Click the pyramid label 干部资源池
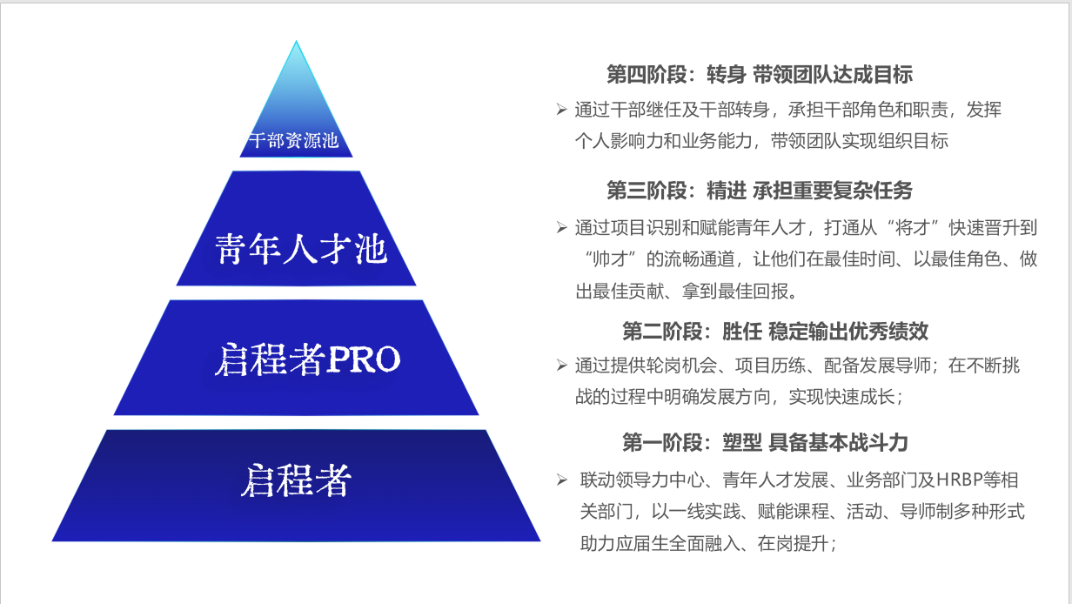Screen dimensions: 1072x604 click(294, 141)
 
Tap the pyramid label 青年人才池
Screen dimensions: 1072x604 click(300, 249)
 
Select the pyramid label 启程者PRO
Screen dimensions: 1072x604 click(307, 359)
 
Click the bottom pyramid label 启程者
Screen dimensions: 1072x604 click(296, 480)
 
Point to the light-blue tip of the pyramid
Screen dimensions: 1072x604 click(296, 41)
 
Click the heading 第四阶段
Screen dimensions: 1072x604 click(647, 75)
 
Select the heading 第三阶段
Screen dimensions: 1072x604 click(647, 191)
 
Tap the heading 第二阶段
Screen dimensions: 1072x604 click(662, 332)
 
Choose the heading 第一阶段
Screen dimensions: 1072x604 click(662, 442)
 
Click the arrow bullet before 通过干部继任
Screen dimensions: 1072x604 click(562, 110)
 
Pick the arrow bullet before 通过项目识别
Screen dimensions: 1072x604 click(562, 227)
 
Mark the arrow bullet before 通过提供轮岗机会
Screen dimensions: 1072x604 click(562, 366)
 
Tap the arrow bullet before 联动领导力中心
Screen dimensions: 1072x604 click(562, 480)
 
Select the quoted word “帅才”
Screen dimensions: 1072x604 click(610, 259)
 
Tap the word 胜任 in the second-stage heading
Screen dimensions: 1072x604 click(741, 332)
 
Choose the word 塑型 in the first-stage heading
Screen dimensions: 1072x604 click(741, 442)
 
